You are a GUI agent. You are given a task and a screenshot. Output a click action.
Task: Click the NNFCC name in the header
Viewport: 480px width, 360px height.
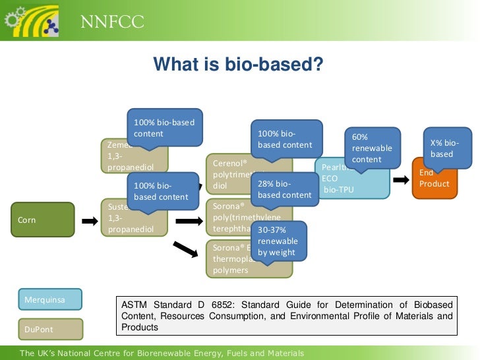(112, 23)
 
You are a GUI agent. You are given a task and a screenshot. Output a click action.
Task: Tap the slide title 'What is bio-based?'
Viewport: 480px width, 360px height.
(238, 65)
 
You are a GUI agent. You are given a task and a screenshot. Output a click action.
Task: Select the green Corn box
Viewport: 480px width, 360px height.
(43, 220)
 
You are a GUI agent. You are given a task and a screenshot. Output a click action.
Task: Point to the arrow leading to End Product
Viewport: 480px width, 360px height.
(399, 179)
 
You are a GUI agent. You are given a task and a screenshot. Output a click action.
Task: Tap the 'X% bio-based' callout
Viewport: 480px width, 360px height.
(448, 148)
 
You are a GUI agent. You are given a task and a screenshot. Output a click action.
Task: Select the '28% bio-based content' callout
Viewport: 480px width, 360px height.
(284, 189)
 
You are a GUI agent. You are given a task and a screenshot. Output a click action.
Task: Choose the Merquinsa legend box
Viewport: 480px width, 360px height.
(50, 299)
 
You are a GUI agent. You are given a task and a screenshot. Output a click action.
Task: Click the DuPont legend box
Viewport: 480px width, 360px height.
(50, 328)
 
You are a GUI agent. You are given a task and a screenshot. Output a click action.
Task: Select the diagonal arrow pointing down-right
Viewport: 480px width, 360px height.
(186, 249)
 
